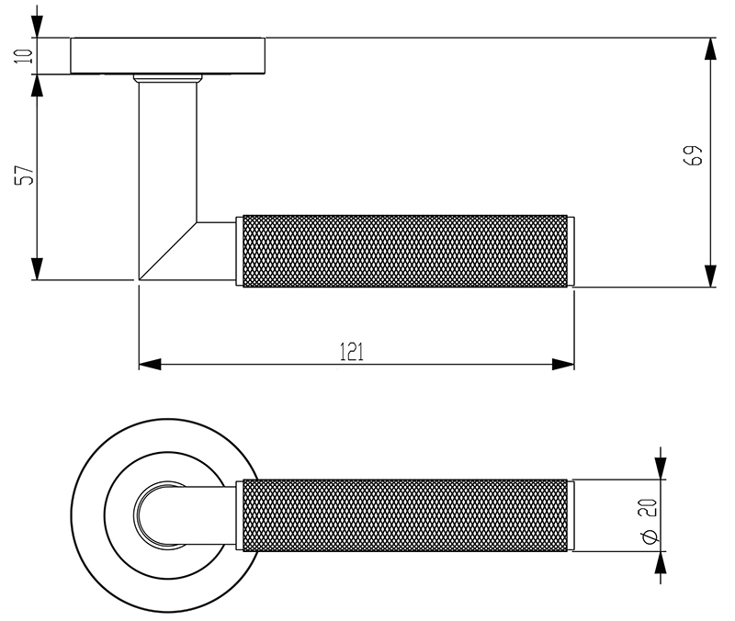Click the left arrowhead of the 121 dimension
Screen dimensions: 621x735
click(x=150, y=365)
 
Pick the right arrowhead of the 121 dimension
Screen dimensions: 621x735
click(x=563, y=365)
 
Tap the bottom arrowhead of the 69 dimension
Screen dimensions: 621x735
click(x=710, y=276)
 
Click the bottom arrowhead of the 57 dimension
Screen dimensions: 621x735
click(x=37, y=268)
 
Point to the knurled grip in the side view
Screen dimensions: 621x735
click(x=404, y=251)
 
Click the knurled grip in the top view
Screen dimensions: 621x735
click(x=404, y=515)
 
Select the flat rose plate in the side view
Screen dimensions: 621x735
click(x=168, y=56)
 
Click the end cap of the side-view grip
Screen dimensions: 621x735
click(x=571, y=251)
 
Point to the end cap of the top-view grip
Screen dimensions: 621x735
click(x=571, y=515)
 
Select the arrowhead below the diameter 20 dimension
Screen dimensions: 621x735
click(x=660, y=564)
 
